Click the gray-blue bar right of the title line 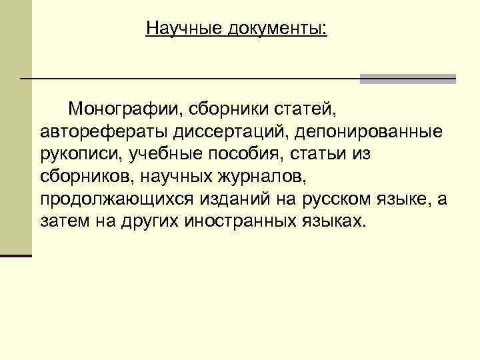[x=407, y=79]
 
